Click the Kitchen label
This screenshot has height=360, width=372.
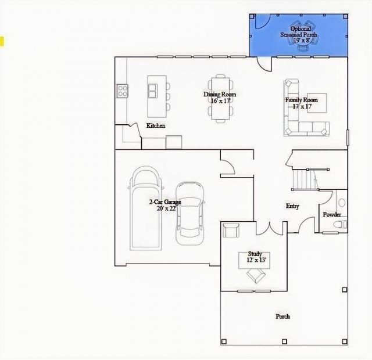pyautogui.click(x=156, y=126)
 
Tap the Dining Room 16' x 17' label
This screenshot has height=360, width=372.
pyautogui.click(x=220, y=98)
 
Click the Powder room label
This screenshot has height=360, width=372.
pyautogui.click(x=332, y=215)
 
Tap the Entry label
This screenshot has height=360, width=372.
pyautogui.click(x=292, y=206)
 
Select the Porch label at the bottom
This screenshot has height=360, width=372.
pyautogui.click(x=282, y=316)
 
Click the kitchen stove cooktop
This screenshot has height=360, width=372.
pyautogui.click(x=123, y=90)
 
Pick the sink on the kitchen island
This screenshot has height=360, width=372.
pyautogui.click(x=152, y=89)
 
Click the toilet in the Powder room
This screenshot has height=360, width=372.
pyautogui.click(x=342, y=223)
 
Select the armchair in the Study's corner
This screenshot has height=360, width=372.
pyautogui.click(x=231, y=230)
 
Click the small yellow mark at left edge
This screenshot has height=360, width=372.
pyautogui.click(x=2, y=41)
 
